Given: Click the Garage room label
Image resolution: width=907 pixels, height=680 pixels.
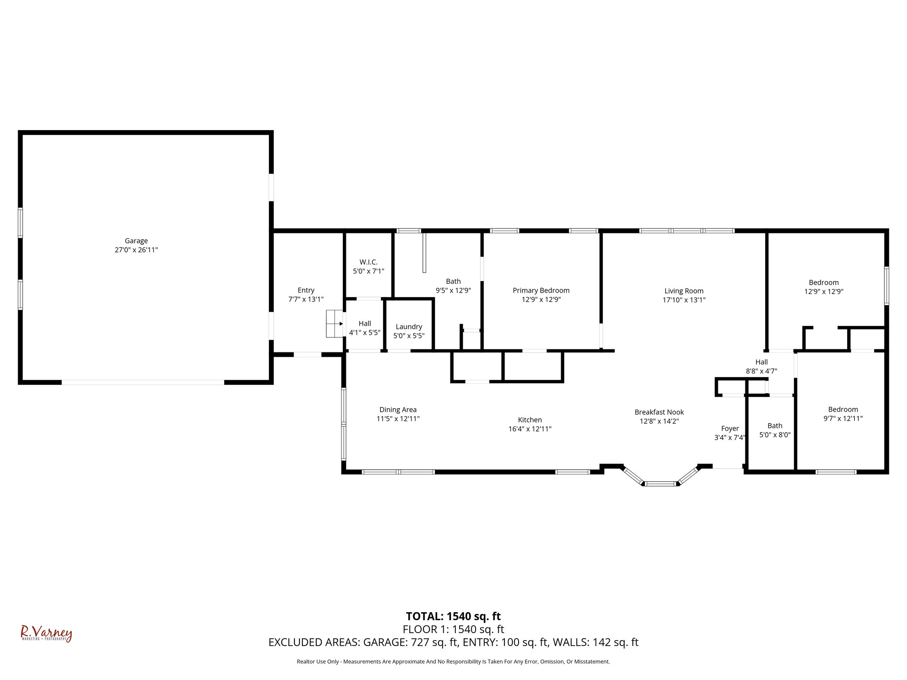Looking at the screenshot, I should [136, 241].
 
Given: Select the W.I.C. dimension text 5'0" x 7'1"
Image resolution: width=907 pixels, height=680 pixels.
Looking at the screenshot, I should [368, 271].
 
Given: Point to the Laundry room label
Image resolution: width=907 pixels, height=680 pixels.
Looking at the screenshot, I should [409, 327].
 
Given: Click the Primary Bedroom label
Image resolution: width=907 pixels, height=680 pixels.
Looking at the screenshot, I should [541, 290].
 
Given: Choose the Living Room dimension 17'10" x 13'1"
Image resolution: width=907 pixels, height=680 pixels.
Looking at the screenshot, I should [684, 300].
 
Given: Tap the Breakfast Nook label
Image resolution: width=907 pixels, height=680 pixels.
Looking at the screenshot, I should [659, 412].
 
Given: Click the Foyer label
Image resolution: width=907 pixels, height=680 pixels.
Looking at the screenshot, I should [730, 429].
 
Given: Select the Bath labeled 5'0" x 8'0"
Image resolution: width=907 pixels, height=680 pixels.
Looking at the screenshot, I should [775, 430].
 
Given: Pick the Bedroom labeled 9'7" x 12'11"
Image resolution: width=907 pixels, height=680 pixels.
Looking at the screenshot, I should [843, 414].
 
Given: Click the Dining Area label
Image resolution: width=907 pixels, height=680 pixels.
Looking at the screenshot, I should [398, 410].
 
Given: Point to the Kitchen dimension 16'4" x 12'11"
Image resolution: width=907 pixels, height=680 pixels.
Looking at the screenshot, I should [530, 429].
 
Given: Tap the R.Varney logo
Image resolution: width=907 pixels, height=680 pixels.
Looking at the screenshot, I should [46, 634].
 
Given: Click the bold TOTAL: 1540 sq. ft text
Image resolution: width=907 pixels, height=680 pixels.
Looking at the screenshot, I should [453, 616].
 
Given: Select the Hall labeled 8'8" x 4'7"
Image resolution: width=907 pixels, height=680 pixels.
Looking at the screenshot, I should [761, 367].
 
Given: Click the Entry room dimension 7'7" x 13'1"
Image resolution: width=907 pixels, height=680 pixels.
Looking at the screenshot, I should [306, 299].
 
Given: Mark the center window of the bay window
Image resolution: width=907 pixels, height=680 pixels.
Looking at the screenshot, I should [660, 483].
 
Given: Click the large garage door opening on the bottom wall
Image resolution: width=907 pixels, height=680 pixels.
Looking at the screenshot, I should [143, 382].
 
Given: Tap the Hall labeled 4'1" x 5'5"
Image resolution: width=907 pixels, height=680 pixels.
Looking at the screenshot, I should [364, 328].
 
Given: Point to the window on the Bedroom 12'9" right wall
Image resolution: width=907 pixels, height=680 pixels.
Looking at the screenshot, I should [886, 286].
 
